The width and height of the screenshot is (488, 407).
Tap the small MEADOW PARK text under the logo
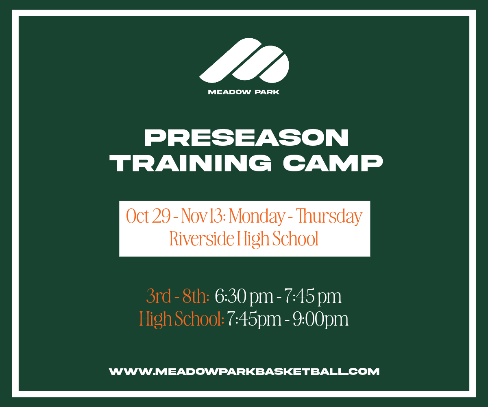coord(244,92)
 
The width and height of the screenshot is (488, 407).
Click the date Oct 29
coord(148,216)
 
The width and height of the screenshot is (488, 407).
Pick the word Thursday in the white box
coord(329,216)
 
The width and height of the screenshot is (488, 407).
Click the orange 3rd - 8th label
coord(178,297)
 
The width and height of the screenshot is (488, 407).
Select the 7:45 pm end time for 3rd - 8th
coord(312,297)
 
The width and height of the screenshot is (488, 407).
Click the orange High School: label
coord(182,319)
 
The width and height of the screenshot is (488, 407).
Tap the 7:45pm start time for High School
coord(254,319)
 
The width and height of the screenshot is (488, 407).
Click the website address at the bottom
coord(244,371)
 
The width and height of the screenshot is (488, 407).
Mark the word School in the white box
coord(295,239)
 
